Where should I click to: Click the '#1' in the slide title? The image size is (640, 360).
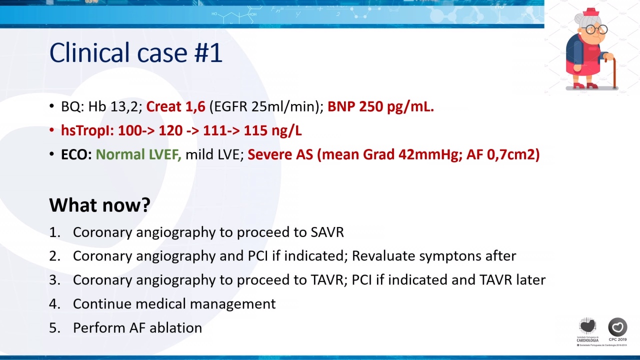tap(208, 53)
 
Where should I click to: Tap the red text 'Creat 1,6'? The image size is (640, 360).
tap(175, 106)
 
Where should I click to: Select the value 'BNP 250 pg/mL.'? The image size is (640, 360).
tap(380, 107)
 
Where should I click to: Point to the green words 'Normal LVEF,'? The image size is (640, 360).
tap(138, 154)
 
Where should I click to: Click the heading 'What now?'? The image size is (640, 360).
tap(99, 204)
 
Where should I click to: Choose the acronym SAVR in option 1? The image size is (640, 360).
tap(327, 232)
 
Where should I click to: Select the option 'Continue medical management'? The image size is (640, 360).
tap(174, 303)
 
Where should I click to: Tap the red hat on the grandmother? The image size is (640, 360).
tap(591, 12)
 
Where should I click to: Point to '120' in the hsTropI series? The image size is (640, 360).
tap(170, 130)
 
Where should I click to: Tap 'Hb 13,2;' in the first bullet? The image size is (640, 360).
tap(115, 107)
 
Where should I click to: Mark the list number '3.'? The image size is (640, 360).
tap(55, 279)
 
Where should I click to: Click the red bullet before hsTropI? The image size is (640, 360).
tap(51, 130)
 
